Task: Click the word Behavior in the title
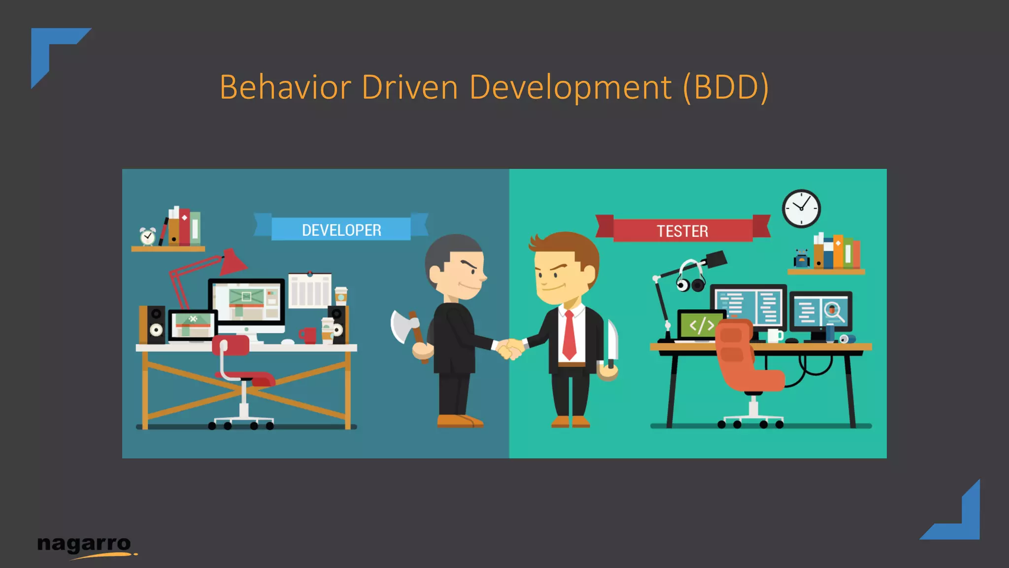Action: [285, 87]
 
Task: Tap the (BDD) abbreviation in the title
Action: [725, 87]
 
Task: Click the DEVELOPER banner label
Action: [341, 230]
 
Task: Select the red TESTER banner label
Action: [682, 231]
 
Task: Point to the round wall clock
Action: [801, 209]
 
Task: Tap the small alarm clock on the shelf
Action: [147, 237]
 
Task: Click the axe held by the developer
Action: [405, 326]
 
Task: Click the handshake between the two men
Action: [509, 349]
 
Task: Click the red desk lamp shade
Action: [233, 262]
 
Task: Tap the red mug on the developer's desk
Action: [308, 335]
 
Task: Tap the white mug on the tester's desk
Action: [774, 336]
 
